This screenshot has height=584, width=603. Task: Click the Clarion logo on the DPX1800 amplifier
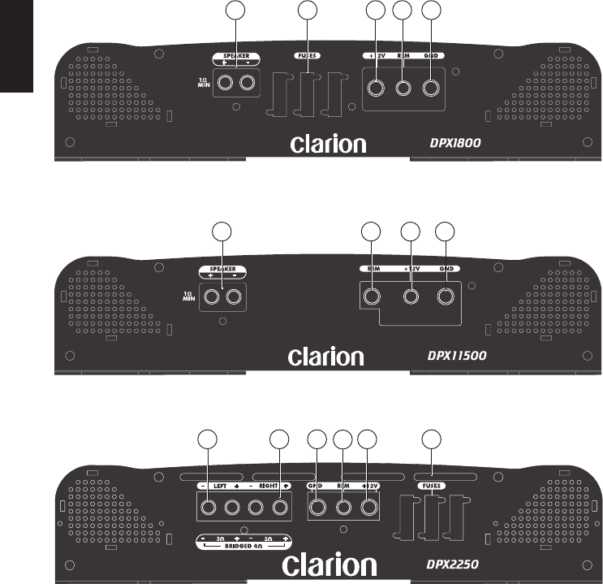click(329, 144)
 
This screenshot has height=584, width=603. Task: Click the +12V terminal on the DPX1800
click(377, 88)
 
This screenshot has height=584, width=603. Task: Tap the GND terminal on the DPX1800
click(433, 88)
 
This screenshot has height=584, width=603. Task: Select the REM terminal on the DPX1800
click(403, 88)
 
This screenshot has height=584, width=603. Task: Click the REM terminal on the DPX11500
click(372, 296)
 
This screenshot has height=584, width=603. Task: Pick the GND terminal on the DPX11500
click(445, 296)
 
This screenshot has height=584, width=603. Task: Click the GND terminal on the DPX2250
click(317, 508)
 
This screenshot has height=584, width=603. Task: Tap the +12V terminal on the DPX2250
click(369, 508)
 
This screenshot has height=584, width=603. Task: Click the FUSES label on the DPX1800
click(308, 56)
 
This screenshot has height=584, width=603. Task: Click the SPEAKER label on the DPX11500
click(222, 267)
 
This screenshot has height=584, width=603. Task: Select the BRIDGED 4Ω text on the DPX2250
click(241, 547)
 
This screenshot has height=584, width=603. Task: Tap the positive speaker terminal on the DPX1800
click(224, 83)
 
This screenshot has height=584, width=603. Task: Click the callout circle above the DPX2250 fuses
click(433, 442)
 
